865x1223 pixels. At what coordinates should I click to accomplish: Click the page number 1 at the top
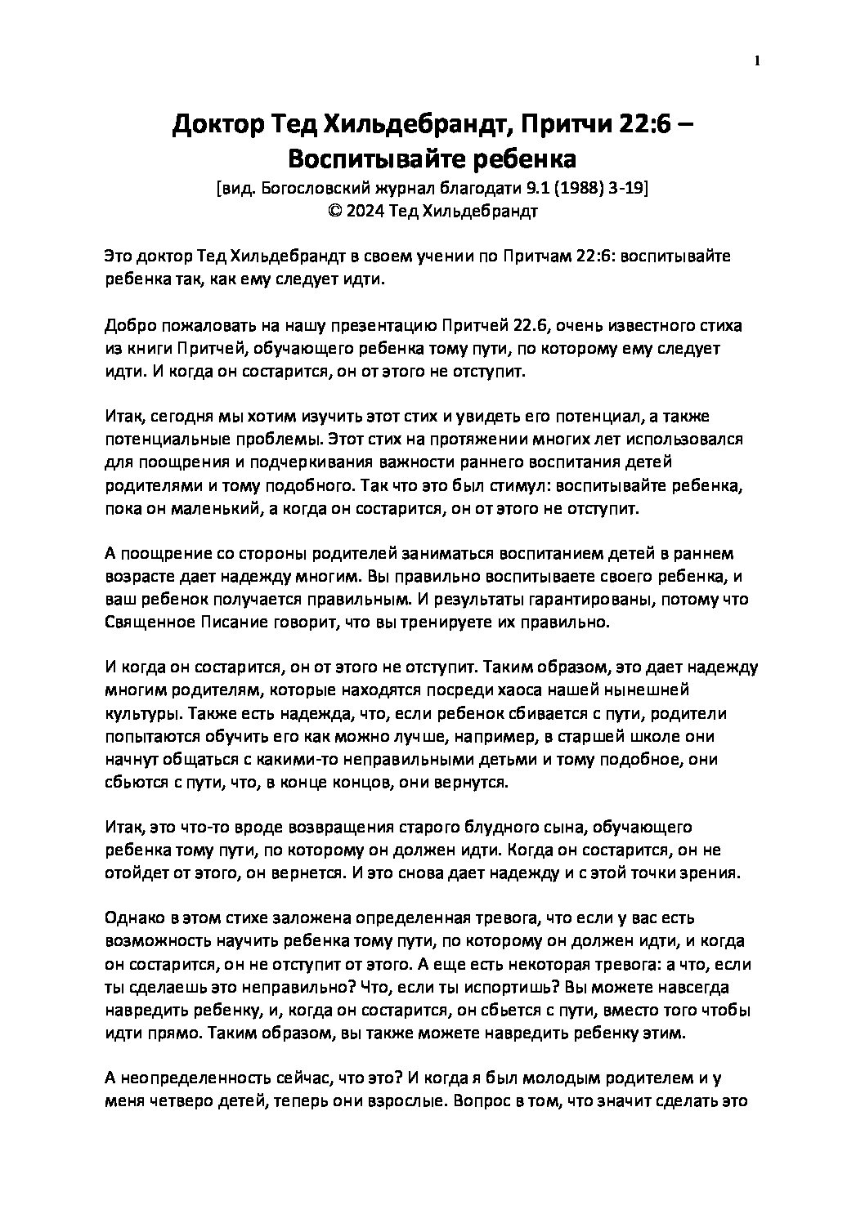tap(757, 61)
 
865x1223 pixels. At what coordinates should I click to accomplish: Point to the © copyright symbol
tap(333, 211)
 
